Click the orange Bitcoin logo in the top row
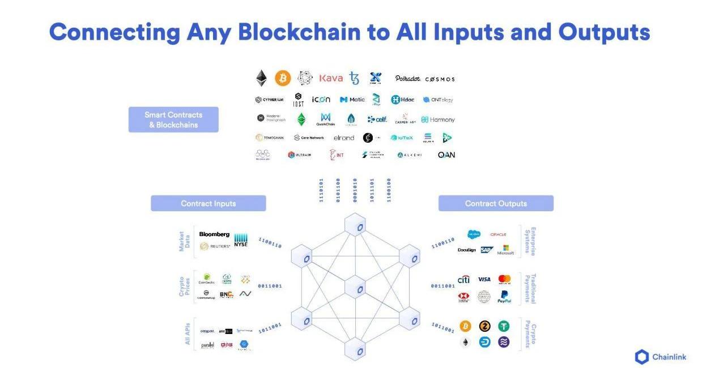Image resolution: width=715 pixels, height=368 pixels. point(283,78)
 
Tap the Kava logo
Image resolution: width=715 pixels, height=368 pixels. point(331,78)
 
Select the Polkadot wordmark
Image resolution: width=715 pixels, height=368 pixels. point(407,78)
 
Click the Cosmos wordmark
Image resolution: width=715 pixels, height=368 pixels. point(440,79)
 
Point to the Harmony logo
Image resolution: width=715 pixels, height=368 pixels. point(438,119)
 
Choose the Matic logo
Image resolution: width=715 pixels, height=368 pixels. point(352,100)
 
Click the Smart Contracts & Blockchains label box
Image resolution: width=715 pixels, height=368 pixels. point(173,119)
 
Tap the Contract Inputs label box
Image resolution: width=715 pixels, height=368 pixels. point(208,203)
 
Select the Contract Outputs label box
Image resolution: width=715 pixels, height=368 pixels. point(496,203)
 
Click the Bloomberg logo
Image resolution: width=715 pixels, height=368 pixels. point(214,234)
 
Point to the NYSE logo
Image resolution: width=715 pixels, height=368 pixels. point(241,240)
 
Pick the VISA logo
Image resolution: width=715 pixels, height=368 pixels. point(484,279)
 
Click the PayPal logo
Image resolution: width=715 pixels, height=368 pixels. point(504,297)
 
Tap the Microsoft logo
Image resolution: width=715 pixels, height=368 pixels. point(505,250)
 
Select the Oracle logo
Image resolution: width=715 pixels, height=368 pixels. point(498,234)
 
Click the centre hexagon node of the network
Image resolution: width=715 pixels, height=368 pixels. point(355,287)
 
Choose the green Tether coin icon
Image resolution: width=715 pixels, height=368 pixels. point(504,326)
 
